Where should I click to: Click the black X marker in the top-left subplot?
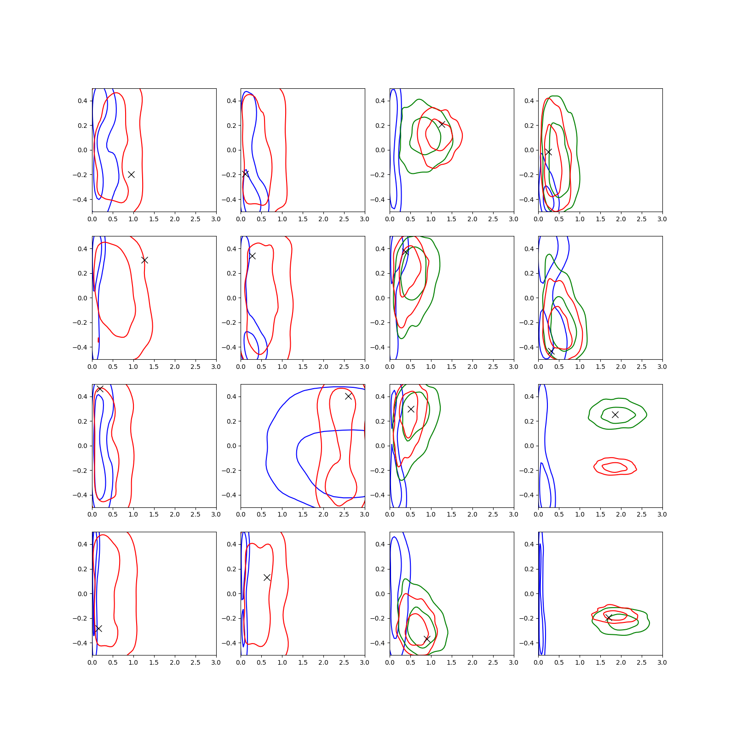[x=131, y=174]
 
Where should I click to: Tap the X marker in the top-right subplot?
[x=548, y=152]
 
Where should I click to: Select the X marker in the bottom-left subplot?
[x=98, y=628]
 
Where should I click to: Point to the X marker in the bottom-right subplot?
[x=609, y=618]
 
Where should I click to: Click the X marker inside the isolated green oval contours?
[x=615, y=414]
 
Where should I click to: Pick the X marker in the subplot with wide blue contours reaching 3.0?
[x=348, y=396]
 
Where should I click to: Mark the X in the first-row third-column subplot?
[x=442, y=124]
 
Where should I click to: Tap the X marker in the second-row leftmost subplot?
[x=144, y=260]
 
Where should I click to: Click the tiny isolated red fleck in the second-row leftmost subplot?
[x=98, y=340]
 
